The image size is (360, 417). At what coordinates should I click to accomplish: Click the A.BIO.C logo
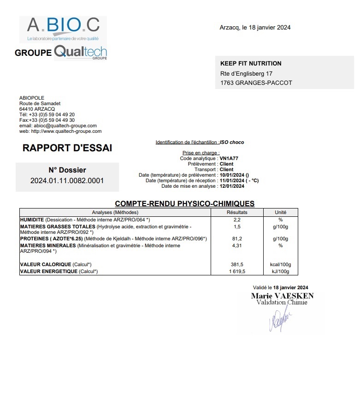click(x=63, y=29)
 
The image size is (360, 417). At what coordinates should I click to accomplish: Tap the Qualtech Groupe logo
click(x=81, y=52)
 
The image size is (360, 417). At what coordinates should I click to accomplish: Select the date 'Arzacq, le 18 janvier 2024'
click(x=255, y=28)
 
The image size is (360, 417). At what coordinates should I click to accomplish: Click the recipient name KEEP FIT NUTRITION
click(x=251, y=64)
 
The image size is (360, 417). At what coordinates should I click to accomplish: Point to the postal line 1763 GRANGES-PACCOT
click(x=256, y=83)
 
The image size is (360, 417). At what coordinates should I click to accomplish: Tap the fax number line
click(x=47, y=120)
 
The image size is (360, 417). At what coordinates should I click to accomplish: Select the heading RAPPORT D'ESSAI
click(x=67, y=148)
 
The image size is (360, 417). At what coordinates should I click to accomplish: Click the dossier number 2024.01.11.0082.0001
click(x=67, y=180)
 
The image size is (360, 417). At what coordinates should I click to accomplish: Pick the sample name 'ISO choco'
click(x=232, y=143)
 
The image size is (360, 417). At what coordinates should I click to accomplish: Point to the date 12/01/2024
click(x=232, y=186)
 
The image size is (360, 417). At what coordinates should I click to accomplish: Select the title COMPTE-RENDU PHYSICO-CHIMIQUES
click(x=184, y=203)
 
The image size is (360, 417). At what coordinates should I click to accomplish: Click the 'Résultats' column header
click(x=237, y=212)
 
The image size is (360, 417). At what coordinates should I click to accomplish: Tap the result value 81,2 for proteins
click(x=237, y=239)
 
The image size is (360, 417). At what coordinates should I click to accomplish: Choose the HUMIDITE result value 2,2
click(x=237, y=220)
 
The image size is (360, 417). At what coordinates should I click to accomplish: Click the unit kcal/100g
click(x=280, y=265)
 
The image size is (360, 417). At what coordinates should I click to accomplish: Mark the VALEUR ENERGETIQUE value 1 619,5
click(x=237, y=272)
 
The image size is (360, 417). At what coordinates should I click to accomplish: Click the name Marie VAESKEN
click(x=282, y=296)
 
